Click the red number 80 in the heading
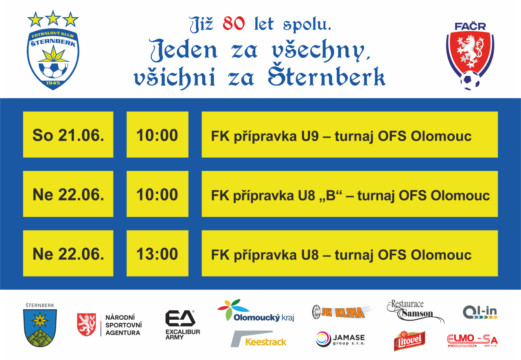click(234, 24)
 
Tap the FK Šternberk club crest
click(53, 59)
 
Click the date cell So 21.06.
click(68, 134)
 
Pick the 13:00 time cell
click(158, 253)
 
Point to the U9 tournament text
click(341, 136)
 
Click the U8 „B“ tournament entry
click(350, 195)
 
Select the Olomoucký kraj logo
click(256, 310)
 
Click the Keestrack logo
click(258, 339)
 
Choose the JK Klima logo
click(342, 312)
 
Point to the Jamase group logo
click(340, 339)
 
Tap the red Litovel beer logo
click(409, 341)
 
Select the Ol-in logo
click(480, 312)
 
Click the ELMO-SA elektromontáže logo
click(472, 341)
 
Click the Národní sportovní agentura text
click(123, 325)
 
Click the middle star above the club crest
click(53, 18)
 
